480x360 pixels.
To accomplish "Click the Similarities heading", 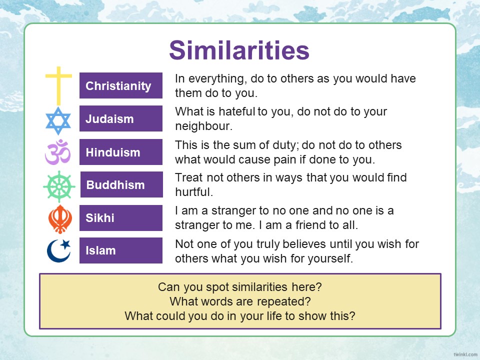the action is coord(239,50).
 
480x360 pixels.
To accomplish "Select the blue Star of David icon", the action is coord(58,120).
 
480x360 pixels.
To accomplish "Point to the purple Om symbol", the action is coord(58,152).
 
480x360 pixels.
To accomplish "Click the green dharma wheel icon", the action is coord(59,186).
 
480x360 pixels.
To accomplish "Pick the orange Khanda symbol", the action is coord(60,219).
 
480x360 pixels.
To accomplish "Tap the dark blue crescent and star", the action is coord(58,250).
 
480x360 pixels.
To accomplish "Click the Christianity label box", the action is coord(121,85).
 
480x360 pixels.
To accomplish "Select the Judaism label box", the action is coord(121,118).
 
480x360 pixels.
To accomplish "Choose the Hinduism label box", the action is coord(121,152).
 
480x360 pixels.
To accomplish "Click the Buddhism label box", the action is coord(121,184).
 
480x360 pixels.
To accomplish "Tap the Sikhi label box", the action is coord(121,217).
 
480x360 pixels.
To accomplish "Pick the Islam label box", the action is coord(121,250).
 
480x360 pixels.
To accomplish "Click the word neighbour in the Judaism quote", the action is coord(203,126).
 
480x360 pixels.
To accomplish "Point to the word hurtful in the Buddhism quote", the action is coord(194,192).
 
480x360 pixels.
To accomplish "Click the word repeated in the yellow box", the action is coord(284,301).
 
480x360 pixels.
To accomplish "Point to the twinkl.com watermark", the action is coord(465,354).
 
